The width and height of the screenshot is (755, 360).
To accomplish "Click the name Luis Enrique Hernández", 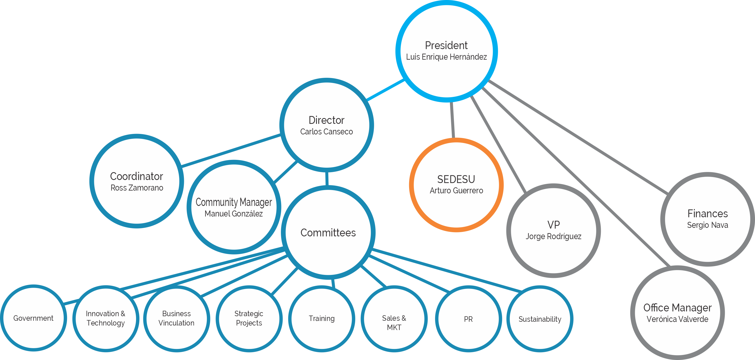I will pyautogui.click(x=446, y=57).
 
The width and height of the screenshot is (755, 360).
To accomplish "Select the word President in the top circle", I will pyautogui.click(x=446, y=45).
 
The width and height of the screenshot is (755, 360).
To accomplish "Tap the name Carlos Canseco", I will pyautogui.click(x=326, y=131).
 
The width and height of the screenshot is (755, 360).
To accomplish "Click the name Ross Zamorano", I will pyautogui.click(x=137, y=188).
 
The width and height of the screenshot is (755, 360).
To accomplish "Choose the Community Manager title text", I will pyautogui.click(x=234, y=202).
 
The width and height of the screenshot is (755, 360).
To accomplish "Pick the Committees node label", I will pyautogui.click(x=328, y=233).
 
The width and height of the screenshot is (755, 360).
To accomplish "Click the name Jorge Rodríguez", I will pyautogui.click(x=553, y=236).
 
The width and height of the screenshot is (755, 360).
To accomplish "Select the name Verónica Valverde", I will pyautogui.click(x=677, y=319).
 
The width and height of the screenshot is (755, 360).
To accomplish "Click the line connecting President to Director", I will pyautogui.click(x=386, y=90).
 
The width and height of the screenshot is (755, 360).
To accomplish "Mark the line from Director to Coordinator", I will pyautogui.click(x=231, y=150).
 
